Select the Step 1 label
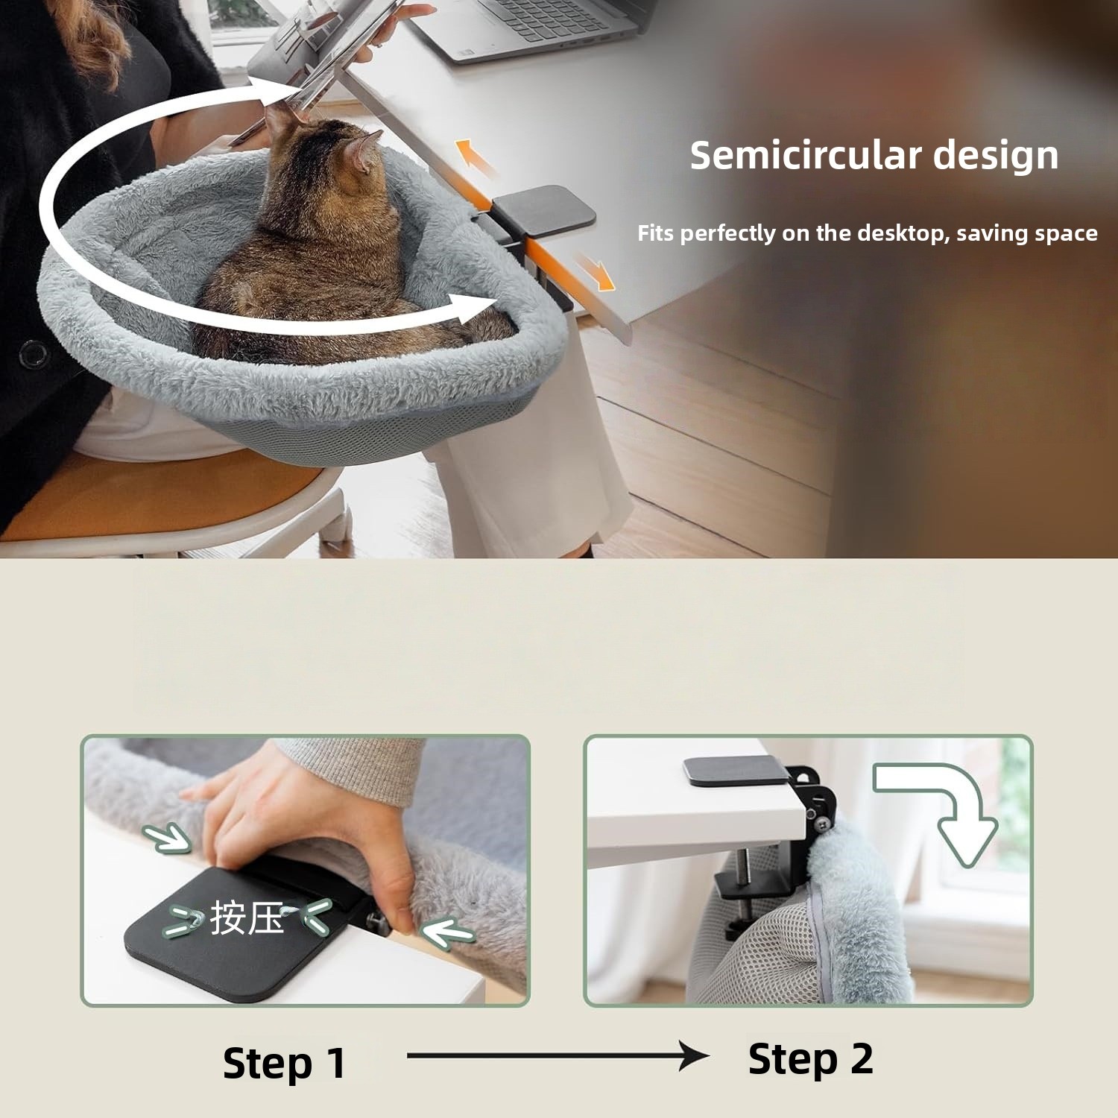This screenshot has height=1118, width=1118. (284, 1063)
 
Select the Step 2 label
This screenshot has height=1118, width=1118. (810, 1060)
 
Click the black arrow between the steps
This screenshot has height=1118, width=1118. (558, 1055)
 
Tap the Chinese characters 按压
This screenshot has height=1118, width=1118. (247, 918)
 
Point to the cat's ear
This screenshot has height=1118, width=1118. (367, 152)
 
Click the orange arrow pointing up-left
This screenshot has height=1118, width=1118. (475, 157)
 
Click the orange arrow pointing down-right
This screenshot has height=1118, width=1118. (596, 272)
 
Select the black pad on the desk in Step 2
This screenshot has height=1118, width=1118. (736, 771)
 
